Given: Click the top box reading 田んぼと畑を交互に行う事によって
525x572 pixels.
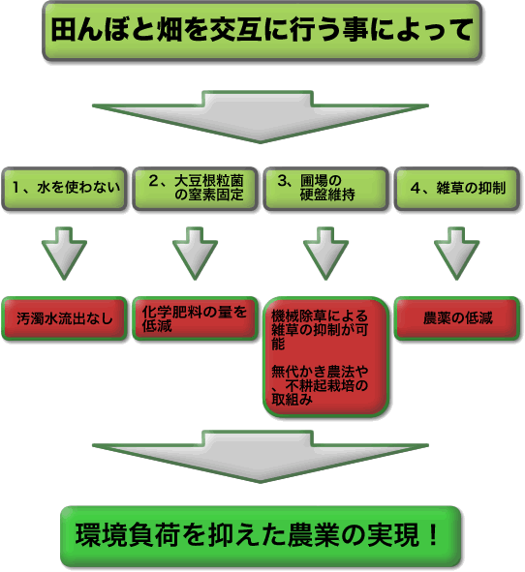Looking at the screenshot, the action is tap(262, 31).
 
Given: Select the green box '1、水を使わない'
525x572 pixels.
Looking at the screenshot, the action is tap(65, 189).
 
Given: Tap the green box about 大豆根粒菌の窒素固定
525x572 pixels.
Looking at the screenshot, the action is tap(195, 189).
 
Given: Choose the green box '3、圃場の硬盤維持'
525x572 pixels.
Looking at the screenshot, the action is tap(325, 189).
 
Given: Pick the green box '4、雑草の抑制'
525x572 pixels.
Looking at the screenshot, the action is tap(457, 189).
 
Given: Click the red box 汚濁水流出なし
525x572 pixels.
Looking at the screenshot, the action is tap(65, 318).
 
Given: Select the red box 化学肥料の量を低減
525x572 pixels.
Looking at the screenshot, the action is tap(195, 318).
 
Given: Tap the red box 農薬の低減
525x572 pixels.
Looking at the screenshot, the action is tap(457, 318).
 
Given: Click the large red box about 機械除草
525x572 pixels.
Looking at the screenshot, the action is tap(325, 357).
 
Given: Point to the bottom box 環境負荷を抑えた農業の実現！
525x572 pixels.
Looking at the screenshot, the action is tap(261, 535).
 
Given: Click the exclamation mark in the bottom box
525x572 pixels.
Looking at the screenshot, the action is tap(433, 534).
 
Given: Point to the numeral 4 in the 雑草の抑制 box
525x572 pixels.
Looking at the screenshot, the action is tap(416, 188).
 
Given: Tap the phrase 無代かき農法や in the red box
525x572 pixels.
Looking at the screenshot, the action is tap(320, 372).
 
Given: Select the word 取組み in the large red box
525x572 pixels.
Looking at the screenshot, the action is tap(293, 400).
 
